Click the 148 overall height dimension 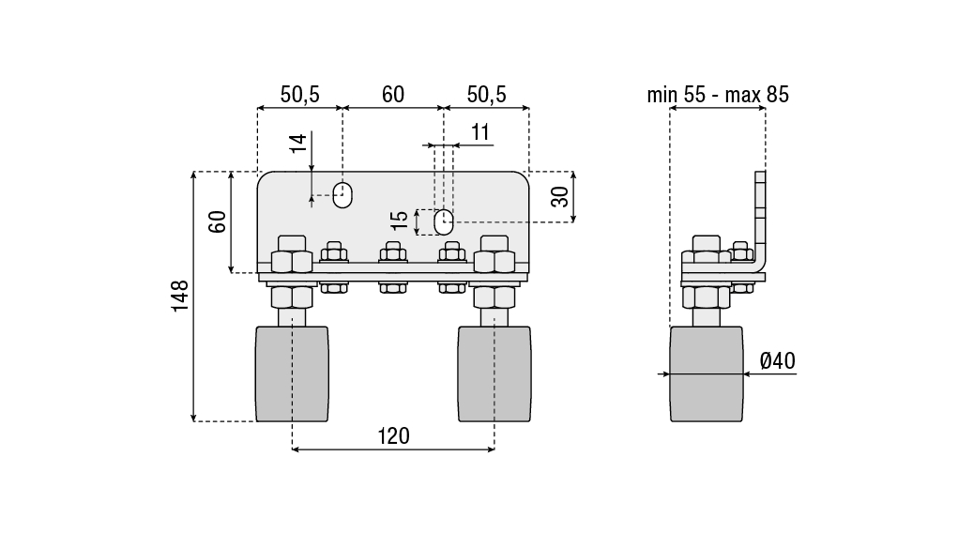179,297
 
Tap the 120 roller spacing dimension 393,436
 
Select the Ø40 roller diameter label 778,360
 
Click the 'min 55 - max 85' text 718,95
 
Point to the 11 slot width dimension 480,132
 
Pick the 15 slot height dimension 400,220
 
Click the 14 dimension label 297,143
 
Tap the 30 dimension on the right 559,196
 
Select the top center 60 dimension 393,94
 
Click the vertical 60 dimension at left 218,221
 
